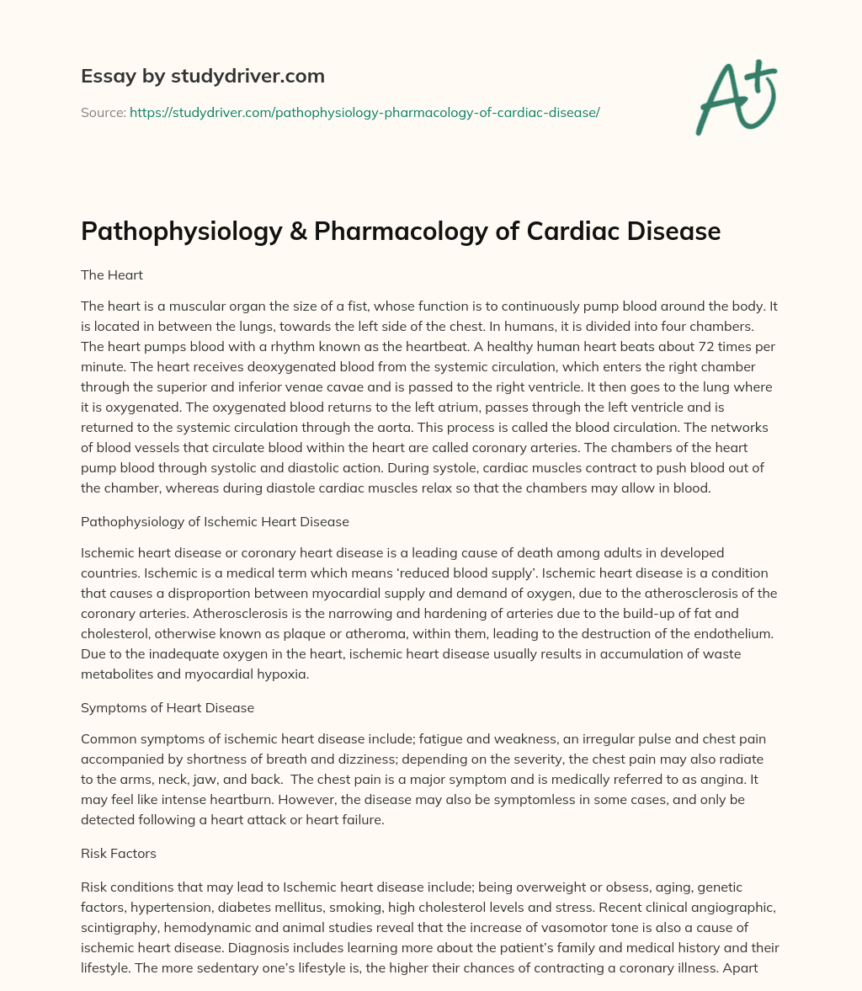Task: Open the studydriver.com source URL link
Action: (x=364, y=112)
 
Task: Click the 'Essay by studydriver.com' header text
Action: (x=202, y=76)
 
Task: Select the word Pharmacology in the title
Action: (x=400, y=232)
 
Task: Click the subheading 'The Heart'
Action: (x=112, y=274)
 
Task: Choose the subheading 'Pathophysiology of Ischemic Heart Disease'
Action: (x=215, y=521)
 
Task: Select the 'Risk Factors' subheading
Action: (x=118, y=853)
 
